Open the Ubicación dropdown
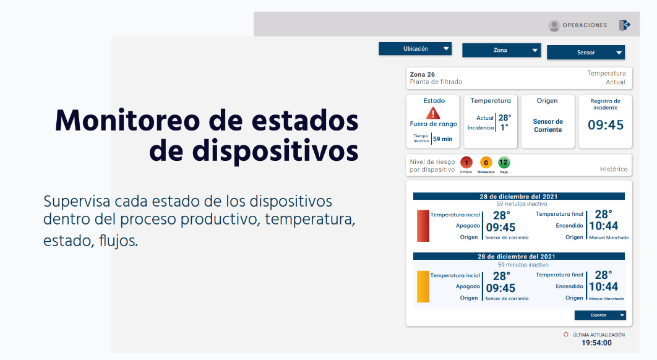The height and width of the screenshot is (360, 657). click(415, 49)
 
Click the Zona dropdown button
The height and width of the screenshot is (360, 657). click(501, 50)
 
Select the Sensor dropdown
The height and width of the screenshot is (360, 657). click(586, 53)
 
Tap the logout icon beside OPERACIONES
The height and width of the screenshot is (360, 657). click(624, 25)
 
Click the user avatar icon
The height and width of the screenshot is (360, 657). click(554, 25)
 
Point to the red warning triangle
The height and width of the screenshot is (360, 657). click(433, 113)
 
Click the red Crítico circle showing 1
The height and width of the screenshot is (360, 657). click(466, 163)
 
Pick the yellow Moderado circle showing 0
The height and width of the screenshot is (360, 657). click(486, 163)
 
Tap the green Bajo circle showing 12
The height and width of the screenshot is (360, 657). click(504, 162)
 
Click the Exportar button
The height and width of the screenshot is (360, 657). click(600, 315)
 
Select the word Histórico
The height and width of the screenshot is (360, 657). click(614, 169)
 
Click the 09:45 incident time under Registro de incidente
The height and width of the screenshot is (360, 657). click(606, 125)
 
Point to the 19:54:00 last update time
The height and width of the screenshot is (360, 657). click(596, 343)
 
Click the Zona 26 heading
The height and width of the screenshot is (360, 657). click(423, 74)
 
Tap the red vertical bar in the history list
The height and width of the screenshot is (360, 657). click(423, 226)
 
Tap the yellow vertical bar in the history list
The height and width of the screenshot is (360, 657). click(423, 286)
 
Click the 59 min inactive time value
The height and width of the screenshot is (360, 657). click(443, 139)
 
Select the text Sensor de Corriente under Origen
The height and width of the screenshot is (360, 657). click(548, 126)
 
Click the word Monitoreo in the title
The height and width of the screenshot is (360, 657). click(127, 121)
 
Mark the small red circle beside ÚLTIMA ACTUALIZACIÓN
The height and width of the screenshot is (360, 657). click(566, 335)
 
